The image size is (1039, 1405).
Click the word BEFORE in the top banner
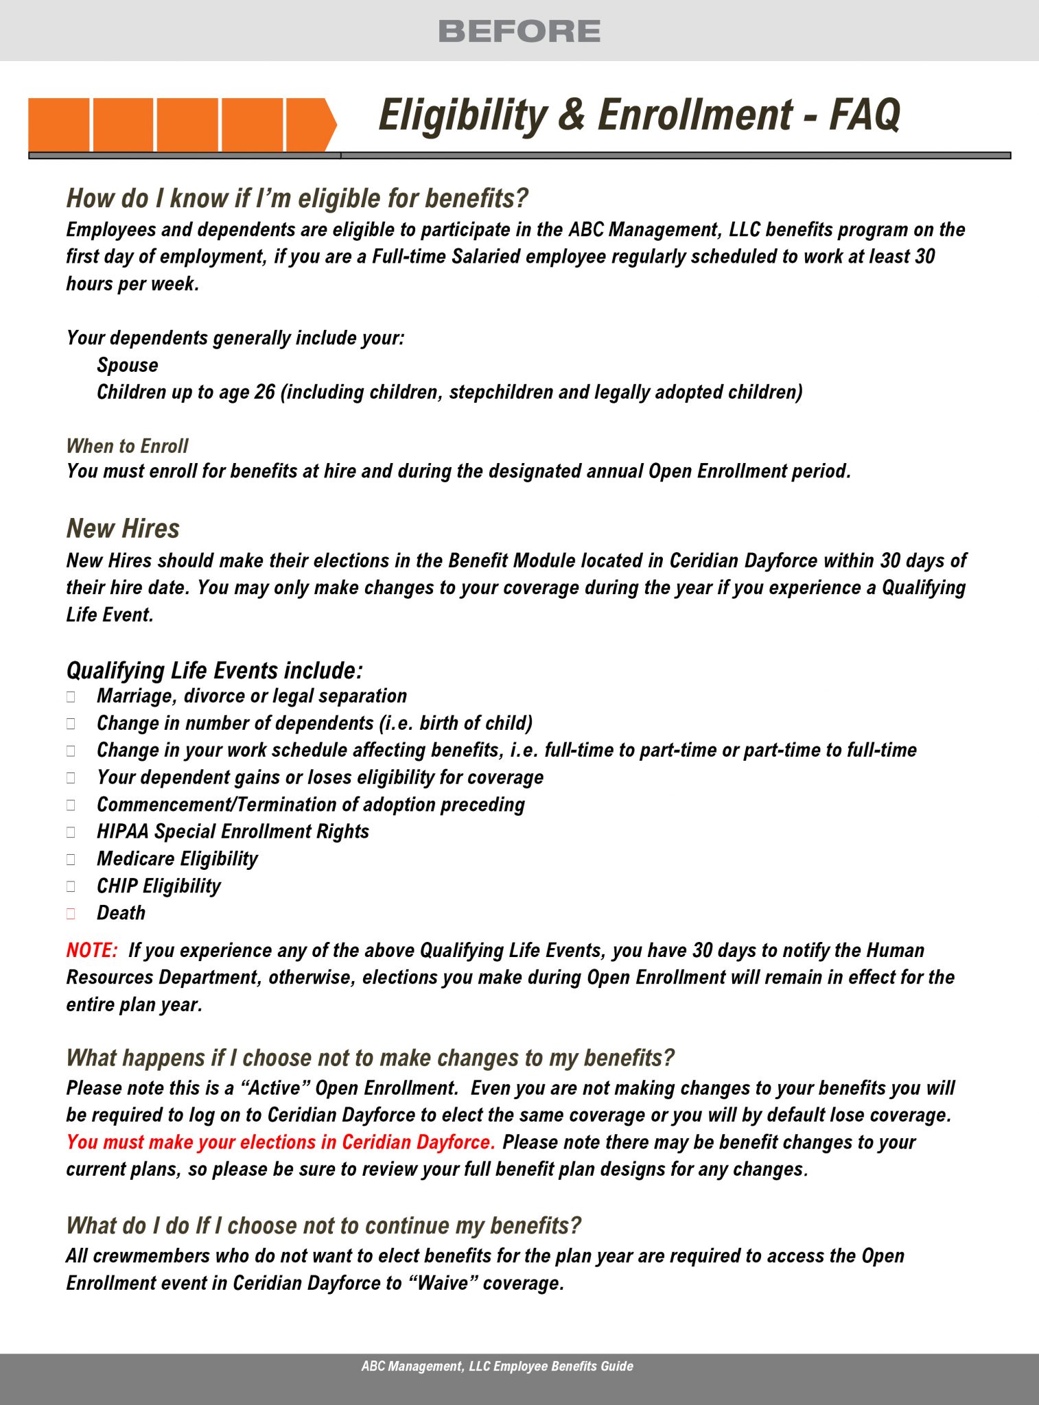(x=519, y=32)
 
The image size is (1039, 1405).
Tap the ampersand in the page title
(x=572, y=115)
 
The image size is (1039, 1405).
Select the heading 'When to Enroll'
(x=127, y=446)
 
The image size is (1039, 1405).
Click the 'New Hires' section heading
(x=123, y=529)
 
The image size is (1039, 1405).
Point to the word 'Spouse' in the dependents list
(x=128, y=365)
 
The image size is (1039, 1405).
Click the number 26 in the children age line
(x=264, y=392)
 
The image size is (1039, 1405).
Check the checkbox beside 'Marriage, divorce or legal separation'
(x=71, y=696)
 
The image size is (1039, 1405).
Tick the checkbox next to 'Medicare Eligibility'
(x=71, y=859)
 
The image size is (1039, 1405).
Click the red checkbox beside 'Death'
(x=71, y=913)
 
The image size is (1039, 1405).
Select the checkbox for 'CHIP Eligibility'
(x=71, y=886)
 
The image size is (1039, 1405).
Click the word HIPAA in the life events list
(x=123, y=831)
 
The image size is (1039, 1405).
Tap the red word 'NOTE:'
(x=92, y=950)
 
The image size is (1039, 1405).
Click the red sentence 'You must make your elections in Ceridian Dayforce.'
(x=281, y=1142)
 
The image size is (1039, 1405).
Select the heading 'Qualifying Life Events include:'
(x=214, y=670)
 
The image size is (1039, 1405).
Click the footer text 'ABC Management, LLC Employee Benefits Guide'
(x=497, y=1366)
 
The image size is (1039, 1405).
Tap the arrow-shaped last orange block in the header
(x=310, y=124)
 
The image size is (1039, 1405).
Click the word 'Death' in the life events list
(x=121, y=913)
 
